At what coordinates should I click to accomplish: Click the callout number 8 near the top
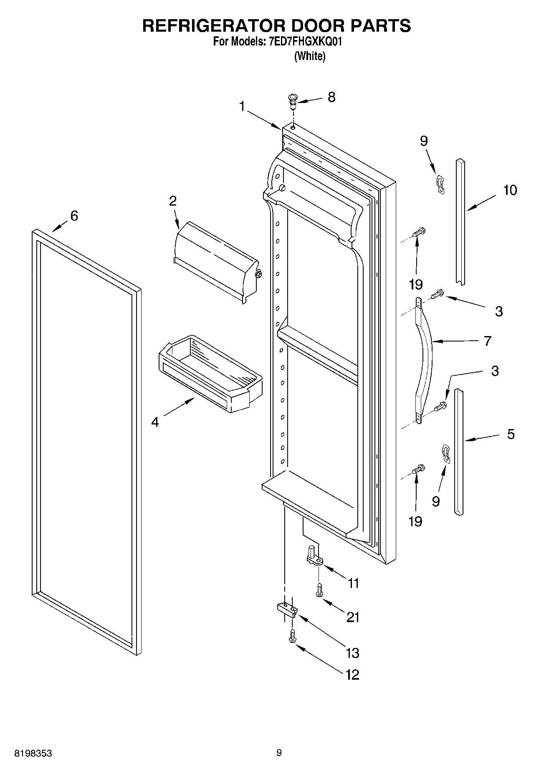[331, 97]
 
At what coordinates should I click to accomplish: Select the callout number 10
[510, 190]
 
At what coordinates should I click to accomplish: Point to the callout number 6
[74, 216]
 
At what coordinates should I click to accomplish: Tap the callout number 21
[353, 617]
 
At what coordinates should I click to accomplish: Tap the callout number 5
[511, 434]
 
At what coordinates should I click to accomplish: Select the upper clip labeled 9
[440, 184]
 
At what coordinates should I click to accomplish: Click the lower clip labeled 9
[446, 454]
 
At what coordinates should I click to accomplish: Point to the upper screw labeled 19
[418, 232]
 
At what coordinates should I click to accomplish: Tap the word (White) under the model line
[309, 56]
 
